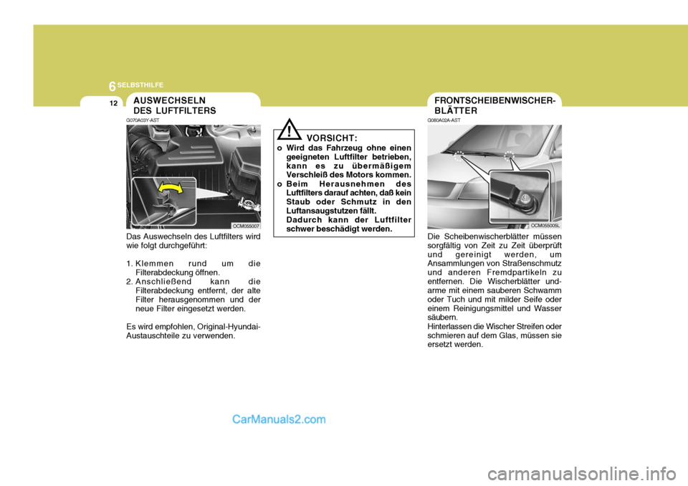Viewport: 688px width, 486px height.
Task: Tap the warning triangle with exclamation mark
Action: click(x=290, y=130)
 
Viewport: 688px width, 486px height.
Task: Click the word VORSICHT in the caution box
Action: click(x=332, y=136)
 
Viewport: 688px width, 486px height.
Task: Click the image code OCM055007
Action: click(x=246, y=226)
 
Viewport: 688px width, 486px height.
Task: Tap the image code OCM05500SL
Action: click(x=545, y=226)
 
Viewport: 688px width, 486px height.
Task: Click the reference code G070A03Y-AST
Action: click(x=143, y=120)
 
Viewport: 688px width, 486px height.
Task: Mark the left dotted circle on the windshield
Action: click(x=459, y=160)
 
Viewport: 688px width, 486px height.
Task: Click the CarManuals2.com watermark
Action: click(x=279, y=420)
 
